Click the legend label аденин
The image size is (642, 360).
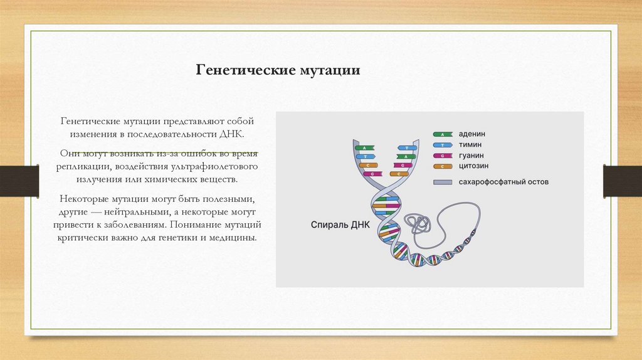[x=473, y=134]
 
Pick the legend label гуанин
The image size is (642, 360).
[x=471, y=156]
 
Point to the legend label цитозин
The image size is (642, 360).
[x=474, y=166]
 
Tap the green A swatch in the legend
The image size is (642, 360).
[x=443, y=134]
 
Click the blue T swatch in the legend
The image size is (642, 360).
[x=443, y=145]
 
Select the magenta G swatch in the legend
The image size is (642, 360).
[x=443, y=156]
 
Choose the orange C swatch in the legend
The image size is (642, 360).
[x=443, y=166]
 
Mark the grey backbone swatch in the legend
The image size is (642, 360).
[x=443, y=182]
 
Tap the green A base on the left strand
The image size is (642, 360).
[x=364, y=149]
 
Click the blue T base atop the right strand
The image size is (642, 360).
[x=406, y=149]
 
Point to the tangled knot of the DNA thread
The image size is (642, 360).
[x=418, y=222]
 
